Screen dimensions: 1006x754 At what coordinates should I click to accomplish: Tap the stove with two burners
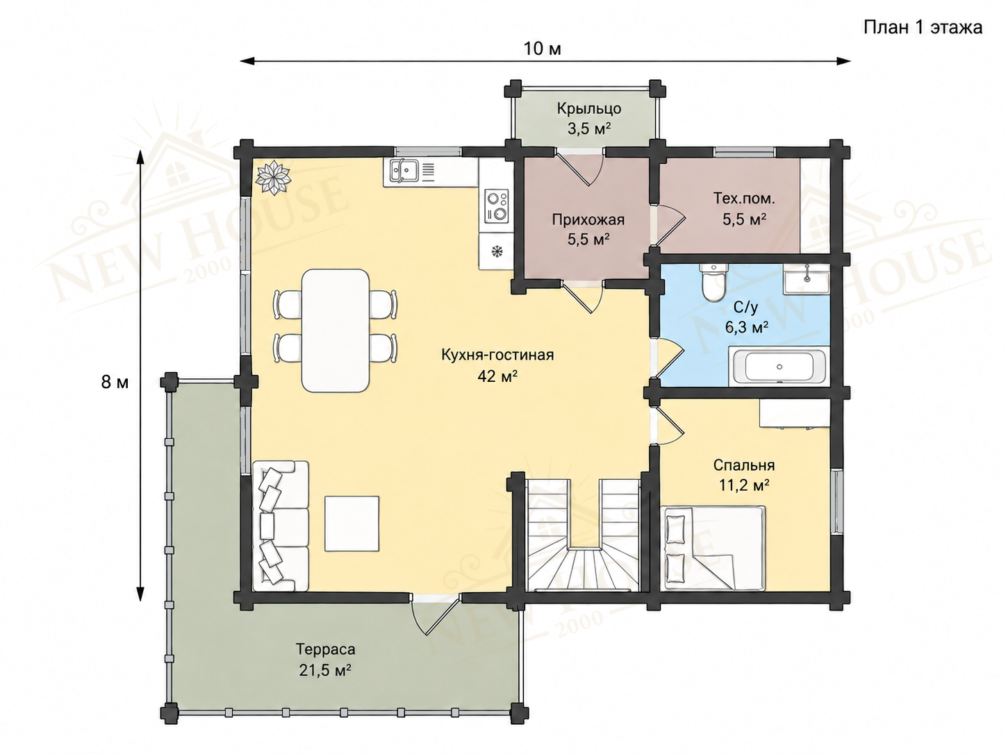pyautogui.click(x=496, y=206)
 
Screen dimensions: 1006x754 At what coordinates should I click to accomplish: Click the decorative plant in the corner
pyautogui.click(x=273, y=177)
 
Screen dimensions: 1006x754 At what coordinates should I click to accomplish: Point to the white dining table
pyautogui.click(x=335, y=330)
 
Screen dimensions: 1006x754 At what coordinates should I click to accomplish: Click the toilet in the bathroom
pyautogui.click(x=714, y=282)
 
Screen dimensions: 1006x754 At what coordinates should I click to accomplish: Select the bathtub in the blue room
pyautogui.click(x=778, y=367)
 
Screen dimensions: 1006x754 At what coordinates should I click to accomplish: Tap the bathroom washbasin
pyautogui.click(x=806, y=283)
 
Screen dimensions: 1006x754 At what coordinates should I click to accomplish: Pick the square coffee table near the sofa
pyautogui.click(x=352, y=523)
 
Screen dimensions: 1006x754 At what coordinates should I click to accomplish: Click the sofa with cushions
pyautogui.click(x=280, y=526)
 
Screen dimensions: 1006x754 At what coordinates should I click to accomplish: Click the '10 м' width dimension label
pyautogui.click(x=542, y=49)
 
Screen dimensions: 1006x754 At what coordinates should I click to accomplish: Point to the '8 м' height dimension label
pyautogui.click(x=115, y=382)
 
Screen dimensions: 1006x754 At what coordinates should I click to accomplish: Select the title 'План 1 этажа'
pyautogui.click(x=923, y=28)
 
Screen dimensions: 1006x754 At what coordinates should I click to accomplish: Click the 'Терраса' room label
pyautogui.click(x=325, y=649)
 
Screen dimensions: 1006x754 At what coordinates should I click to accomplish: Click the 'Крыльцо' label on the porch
pyautogui.click(x=589, y=108)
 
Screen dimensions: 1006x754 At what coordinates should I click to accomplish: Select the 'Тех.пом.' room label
pyautogui.click(x=744, y=199)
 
